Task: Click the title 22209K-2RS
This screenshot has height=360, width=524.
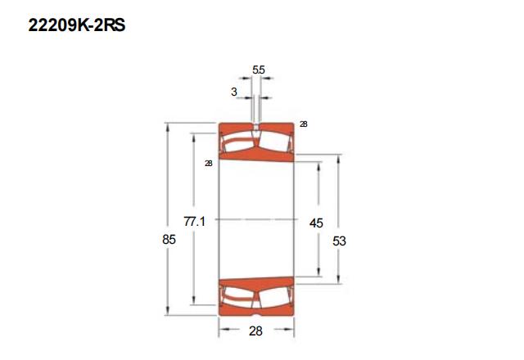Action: (76, 25)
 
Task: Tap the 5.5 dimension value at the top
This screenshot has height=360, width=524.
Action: (259, 70)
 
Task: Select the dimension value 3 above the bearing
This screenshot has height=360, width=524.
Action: (234, 92)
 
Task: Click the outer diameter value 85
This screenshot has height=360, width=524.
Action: (169, 240)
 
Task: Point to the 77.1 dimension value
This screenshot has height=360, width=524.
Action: (194, 221)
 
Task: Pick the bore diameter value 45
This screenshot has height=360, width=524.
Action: (316, 223)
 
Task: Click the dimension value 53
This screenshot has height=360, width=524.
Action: (339, 241)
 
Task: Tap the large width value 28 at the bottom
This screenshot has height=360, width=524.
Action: (255, 331)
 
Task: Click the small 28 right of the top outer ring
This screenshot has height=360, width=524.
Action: (304, 124)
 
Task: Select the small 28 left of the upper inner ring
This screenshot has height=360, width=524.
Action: (209, 164)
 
